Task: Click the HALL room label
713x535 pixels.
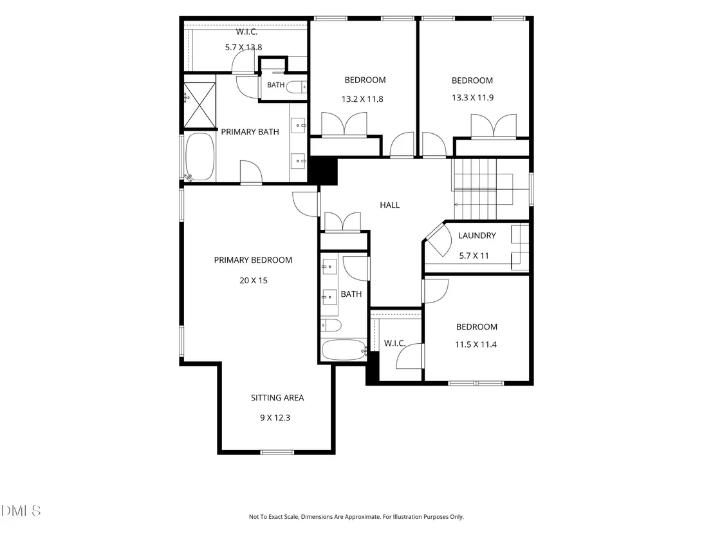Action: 390,205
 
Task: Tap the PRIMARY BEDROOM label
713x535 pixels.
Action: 254,260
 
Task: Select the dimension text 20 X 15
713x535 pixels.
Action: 254,281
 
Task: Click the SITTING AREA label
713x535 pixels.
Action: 277,398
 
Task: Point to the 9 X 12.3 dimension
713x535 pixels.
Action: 275,418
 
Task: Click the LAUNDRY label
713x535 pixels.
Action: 477,236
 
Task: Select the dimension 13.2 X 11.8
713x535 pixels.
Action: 362,99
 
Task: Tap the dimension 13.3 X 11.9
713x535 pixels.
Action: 472,98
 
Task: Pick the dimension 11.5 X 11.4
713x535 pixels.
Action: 476,345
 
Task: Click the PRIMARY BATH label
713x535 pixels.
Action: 250,132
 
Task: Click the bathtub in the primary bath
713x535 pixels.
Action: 199,157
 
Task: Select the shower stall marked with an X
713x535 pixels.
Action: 199,105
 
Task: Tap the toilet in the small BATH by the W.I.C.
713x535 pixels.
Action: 297,87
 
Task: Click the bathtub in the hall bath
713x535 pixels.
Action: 344,350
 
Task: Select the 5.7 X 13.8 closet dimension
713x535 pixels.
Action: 243,47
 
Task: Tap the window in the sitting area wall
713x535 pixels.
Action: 277,452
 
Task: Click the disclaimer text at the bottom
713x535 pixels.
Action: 356,517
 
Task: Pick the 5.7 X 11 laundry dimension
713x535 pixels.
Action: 474,256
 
